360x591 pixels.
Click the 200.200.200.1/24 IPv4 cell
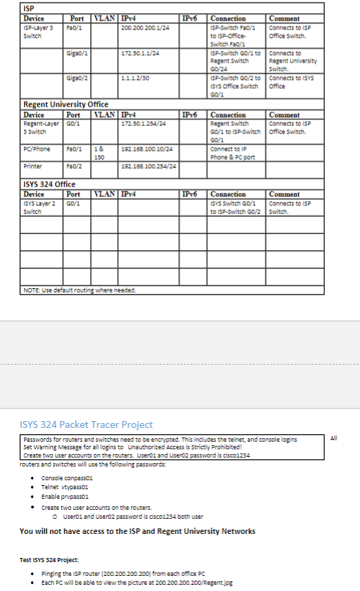[x=145, y=28]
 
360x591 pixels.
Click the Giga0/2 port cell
[x=76, y=78]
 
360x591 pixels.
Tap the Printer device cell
[x=33, y=166]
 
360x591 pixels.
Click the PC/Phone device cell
[x=36, y=149]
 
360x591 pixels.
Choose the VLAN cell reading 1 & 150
[x=99, y=152]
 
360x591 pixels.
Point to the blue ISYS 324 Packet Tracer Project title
[x=86, y=425]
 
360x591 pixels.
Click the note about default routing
[x=79, y=290]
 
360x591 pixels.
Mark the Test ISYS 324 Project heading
[x=50, y=559]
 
